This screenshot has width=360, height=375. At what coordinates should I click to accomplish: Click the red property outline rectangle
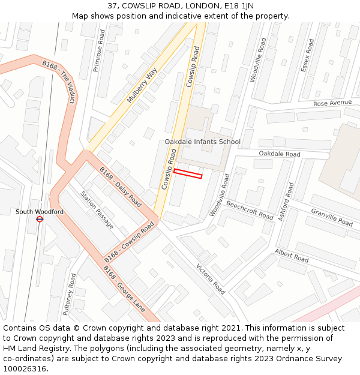[x=188, y=173]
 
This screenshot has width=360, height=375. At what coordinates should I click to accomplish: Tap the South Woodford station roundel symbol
[x=40, y=220]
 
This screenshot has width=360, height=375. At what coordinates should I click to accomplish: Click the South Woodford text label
[x=40, y=212]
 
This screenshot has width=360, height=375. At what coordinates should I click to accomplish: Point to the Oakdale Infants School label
[x=203, y=142]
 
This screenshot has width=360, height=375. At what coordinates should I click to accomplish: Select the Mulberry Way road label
[x=142, y=85]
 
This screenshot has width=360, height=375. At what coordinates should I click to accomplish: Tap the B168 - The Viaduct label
[x=59, y=82]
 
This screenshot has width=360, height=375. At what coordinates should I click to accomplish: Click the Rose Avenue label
[x=332, y=103]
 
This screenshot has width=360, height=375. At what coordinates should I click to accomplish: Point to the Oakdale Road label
[x=280, y=154]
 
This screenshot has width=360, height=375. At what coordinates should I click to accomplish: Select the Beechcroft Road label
[x=250, y=210]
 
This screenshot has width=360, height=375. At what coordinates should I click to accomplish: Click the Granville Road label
[x=332, y=217]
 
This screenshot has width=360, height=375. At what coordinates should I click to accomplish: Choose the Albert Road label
[x=292, y=256]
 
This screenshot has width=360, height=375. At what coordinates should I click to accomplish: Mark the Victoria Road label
[x=211, y=279]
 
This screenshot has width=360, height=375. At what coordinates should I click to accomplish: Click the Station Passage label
[x=97, y=210]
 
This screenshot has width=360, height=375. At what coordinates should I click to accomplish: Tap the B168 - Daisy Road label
[x=120, y=187]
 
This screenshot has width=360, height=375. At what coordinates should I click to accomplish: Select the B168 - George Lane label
[x=124, y=289]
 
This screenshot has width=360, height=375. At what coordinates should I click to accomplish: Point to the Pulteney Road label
[x=69, y=294]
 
